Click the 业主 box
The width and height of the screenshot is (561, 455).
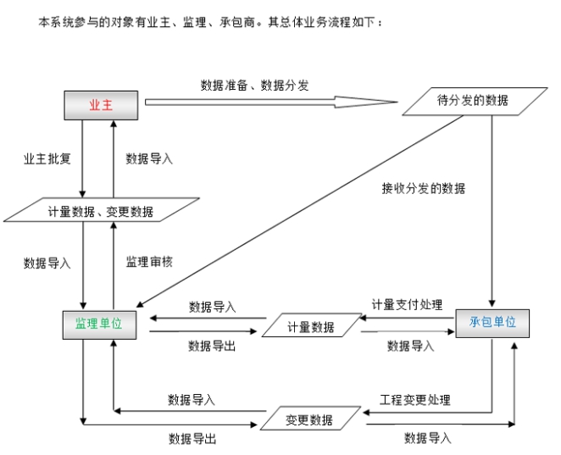click(101, 104)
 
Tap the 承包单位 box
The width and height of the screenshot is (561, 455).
click(492, 323)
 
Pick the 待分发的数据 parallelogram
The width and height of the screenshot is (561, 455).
click(472, 101)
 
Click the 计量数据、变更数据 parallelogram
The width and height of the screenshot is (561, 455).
click(101, 211)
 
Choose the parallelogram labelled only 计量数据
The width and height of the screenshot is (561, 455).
click(309, 327)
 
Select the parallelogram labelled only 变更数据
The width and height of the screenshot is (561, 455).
click(308, 419)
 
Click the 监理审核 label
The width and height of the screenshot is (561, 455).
click(149, 263)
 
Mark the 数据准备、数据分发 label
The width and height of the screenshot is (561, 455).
click(254, 85)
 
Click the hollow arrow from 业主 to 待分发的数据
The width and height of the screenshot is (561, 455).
click(271, 103)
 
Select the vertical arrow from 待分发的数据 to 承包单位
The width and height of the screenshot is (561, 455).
click(492, 212)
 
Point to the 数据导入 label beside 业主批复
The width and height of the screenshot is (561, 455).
click(149, 158)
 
